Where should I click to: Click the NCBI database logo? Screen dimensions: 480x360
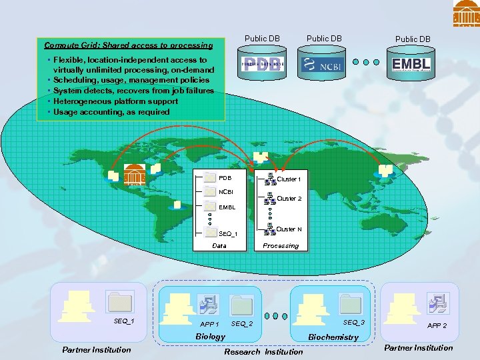tap(324, 65)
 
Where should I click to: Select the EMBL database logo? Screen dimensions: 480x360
tap(411, 65)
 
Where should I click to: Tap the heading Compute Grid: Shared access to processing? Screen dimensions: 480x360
tap(128, 46)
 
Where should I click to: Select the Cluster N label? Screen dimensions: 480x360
tap(289, 229)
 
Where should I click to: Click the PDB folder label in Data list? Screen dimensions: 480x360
tap(225, 178)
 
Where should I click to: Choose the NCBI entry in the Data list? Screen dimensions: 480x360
tap(227, 192)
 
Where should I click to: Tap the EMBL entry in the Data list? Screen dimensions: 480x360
tap(227, 207)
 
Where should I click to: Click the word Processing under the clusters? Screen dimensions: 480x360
tap(281, 246)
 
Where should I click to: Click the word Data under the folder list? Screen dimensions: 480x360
tap(219, 246)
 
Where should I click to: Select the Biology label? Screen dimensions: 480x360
tap(210, 337)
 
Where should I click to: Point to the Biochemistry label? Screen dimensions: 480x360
tap(333, 337)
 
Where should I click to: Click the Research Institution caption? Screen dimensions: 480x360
tap(263, 351)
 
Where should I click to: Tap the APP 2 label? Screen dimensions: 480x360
tap(437, 326)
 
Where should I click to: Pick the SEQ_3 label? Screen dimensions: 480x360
tap(353, 323)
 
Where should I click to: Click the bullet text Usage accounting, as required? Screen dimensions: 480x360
tap(111, 112)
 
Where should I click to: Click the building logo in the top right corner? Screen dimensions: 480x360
tap(466, 13)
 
